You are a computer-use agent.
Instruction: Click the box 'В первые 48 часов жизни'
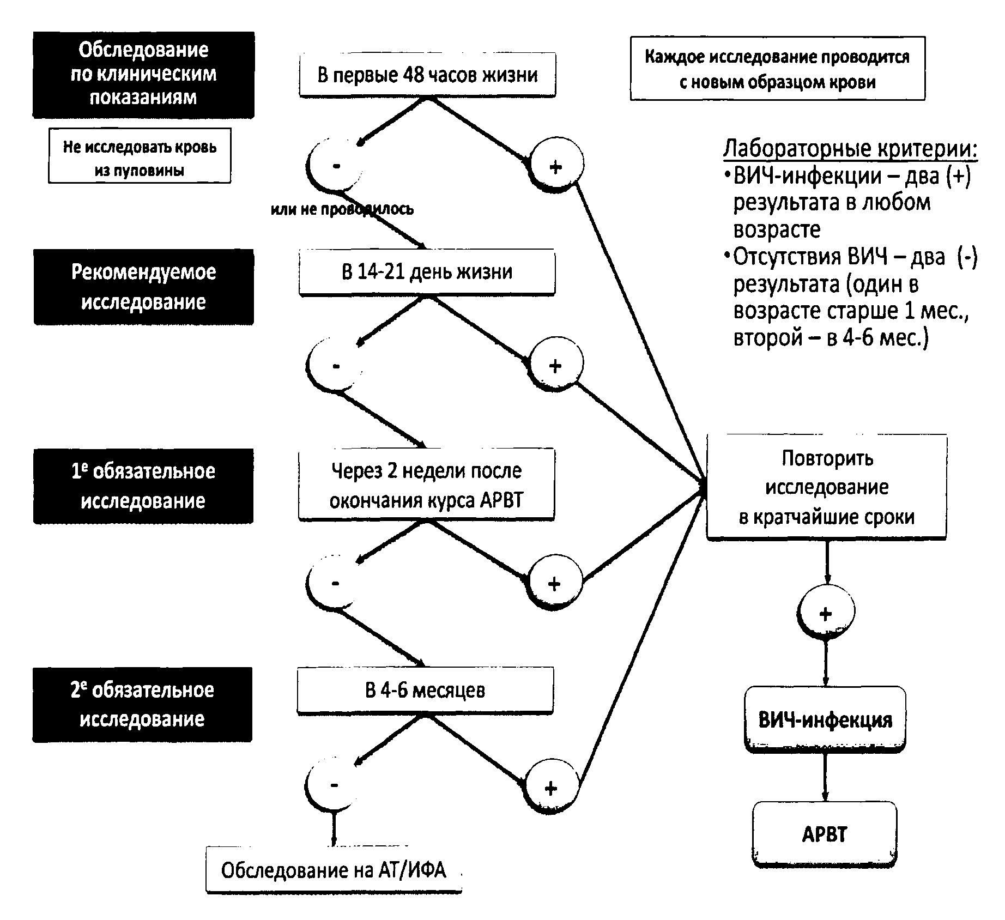[427, 75]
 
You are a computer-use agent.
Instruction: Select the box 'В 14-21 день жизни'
[427, 272]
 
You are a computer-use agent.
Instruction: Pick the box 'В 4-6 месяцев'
[425, 691]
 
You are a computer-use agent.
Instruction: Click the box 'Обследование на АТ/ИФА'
[334, 870]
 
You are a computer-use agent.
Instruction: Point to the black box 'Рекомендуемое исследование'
[144, 287]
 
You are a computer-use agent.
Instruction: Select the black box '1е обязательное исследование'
[143, 486]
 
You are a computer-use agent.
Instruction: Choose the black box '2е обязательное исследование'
[142, 704]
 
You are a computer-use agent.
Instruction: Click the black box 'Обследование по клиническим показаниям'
[143, 74]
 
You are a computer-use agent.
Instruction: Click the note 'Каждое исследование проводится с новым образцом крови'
[777, 69]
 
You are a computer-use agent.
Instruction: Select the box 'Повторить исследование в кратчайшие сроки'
[826, 487]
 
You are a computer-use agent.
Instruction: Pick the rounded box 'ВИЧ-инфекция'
[825, 720]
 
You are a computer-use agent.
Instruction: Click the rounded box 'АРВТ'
[825, 834]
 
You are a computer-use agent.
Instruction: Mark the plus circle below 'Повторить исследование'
[826, 613]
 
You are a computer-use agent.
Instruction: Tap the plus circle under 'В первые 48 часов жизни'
[556, 166]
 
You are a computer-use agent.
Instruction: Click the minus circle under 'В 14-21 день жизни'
[335, 365]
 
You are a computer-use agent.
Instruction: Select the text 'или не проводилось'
[342, 209]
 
